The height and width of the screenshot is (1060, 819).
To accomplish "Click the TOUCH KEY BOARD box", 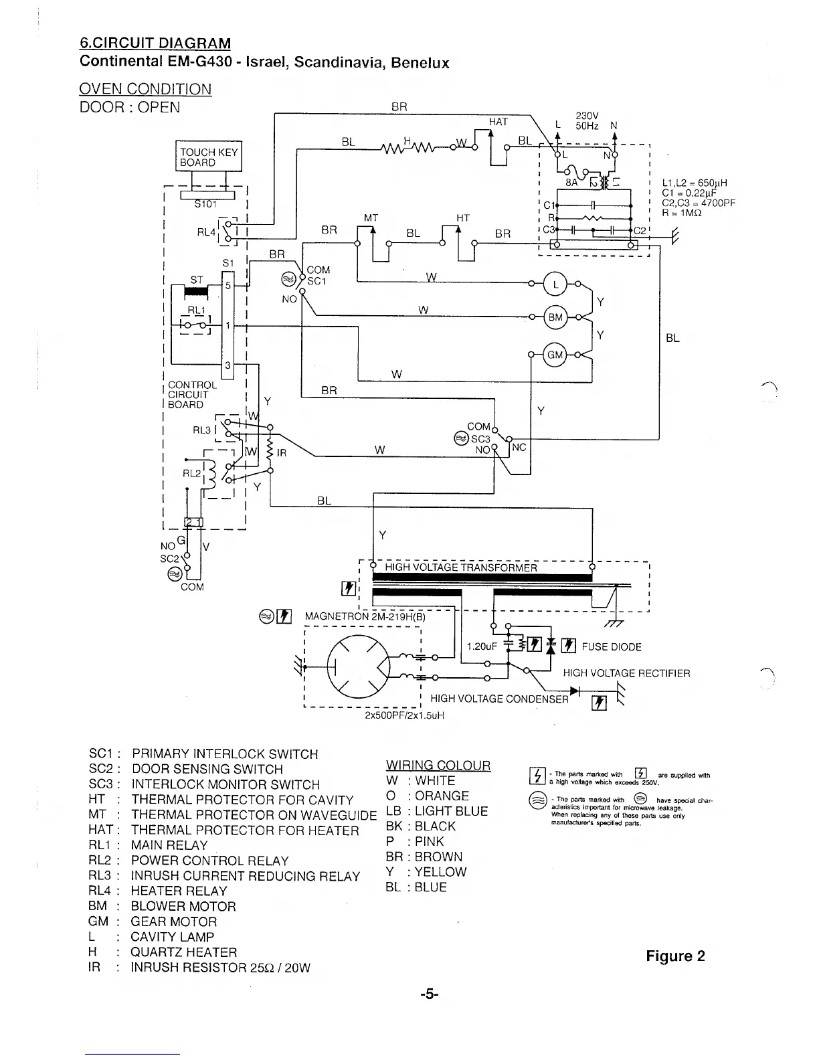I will point(208,157).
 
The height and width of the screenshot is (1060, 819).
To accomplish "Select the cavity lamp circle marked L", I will point(555,284).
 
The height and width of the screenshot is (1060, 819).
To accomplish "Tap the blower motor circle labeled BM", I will point(555,317).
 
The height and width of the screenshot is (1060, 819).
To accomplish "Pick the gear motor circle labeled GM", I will point(555,355).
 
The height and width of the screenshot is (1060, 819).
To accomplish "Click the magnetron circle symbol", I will point(359,667).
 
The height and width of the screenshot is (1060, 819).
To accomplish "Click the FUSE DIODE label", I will point(612,647).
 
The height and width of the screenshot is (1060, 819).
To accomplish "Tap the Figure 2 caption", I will point(675,956).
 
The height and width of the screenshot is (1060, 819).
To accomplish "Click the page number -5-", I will point(430,994).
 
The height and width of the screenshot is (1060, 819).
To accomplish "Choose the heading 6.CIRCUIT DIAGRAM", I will point(155,43).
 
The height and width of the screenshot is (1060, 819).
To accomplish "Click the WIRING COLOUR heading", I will point(438,766).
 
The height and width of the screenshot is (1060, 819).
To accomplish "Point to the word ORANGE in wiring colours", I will point(442,796).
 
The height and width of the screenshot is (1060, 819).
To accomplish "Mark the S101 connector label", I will point(207,204).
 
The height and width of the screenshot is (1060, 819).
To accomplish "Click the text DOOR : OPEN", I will point(130,108).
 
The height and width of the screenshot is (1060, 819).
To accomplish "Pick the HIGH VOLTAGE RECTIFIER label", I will point(626,673).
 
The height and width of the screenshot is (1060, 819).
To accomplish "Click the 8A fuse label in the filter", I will point(571,181).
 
